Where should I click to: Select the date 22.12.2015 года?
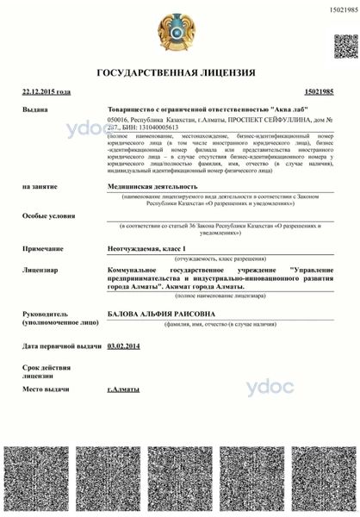(x=47, y=90)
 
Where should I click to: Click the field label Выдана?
(x=35, y=110)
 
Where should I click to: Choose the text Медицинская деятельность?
(x=152, y=185)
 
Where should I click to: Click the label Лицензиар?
(x=40, y=270)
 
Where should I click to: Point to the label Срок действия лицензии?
(x=40, y=371)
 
